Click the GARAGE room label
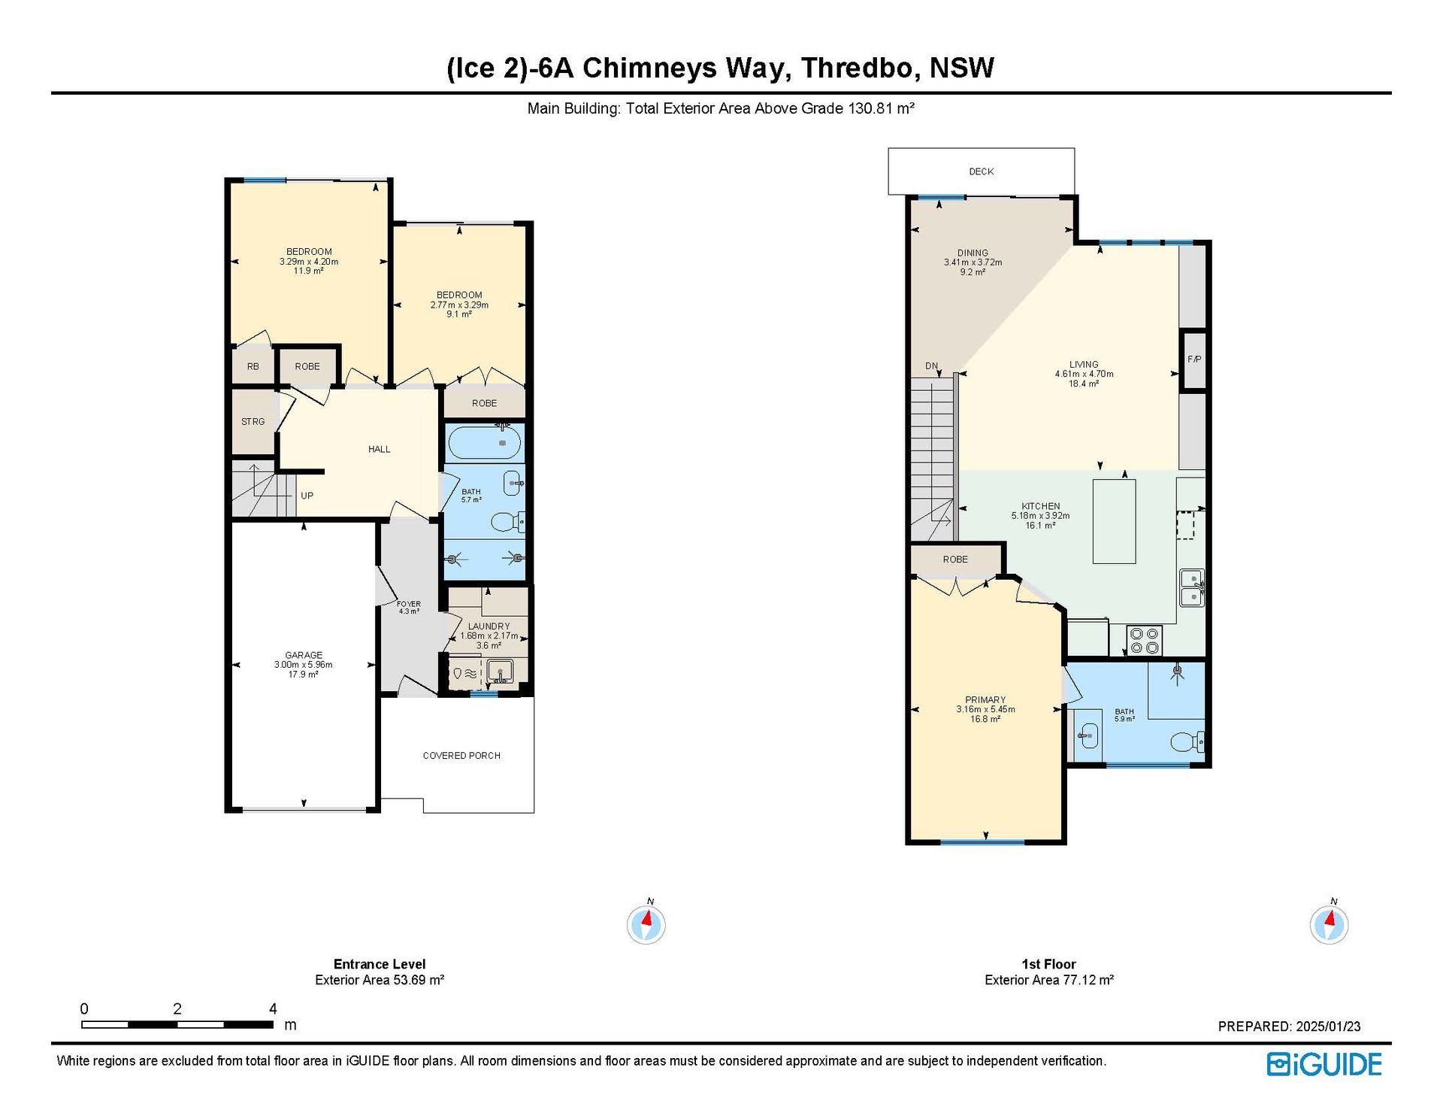coord(304,655)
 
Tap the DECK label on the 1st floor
coord(981,171)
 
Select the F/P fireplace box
coord(1193,359)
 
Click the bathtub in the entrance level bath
coord(485,443)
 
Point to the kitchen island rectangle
coord(1114,521)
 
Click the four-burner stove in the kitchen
coord(1144,641)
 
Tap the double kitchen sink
coord(1192,587)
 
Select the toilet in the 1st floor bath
coord(1188,741)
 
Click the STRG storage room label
coord(253,422)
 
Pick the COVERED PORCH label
coord(461,756)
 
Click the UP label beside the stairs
coord(307,496)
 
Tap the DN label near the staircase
coord(931,366)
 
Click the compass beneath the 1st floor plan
coord(1329,924)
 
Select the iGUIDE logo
coord(1324,1064)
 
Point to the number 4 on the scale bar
coord(273,1008)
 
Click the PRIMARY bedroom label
coord(985,699)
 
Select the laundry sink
coord(500,670)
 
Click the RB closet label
coord(253,367)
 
